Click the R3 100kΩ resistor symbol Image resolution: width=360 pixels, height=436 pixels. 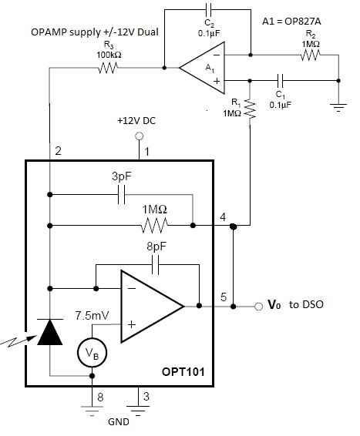[x=108, y=68]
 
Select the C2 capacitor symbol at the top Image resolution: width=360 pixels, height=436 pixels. [x=208, y=10]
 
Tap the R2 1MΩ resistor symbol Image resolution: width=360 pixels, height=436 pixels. [x=311, y=55]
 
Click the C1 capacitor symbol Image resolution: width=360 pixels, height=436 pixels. [x=280, y=81]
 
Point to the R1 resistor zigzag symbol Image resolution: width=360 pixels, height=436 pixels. [x=250, y=110]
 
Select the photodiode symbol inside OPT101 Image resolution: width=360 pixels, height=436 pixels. [x=49, y=332]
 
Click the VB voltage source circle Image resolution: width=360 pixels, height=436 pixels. [x=92, y=353]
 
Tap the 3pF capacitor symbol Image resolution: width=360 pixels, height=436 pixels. [x=122, y=195]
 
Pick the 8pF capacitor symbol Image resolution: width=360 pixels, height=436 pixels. [x=156, y=265]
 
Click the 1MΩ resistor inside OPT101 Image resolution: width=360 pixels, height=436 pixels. [x=154, y=225]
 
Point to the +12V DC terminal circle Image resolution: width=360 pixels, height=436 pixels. [x=139, y=136]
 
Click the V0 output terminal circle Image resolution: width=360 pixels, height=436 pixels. [x=258, y=307]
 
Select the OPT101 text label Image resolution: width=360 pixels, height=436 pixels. [x=183, y=372]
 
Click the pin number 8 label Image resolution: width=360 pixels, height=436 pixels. [x=100, y=397]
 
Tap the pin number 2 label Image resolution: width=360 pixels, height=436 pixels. [x=58, y=151]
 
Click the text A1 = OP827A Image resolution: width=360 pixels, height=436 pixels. [x=291, y=22]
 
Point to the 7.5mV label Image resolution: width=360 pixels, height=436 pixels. [x=92, y=316]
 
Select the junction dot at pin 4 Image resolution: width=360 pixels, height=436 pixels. [x=233, y=226]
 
